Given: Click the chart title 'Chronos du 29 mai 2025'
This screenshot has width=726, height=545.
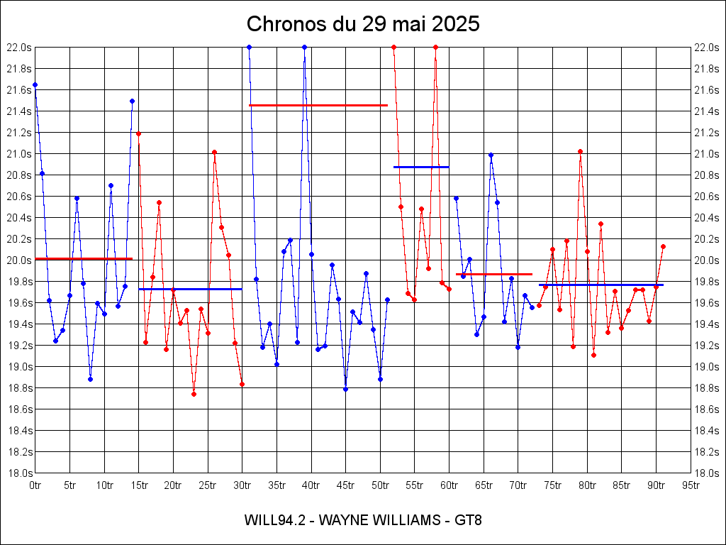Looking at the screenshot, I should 363,24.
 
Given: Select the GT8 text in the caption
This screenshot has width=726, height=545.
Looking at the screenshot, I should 469,520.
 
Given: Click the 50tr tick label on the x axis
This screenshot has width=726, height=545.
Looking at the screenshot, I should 381,485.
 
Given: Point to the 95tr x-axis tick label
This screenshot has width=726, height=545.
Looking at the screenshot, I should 691,485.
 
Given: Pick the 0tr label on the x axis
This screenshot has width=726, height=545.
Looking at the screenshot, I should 35,485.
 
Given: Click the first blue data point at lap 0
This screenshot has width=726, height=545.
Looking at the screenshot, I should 35,84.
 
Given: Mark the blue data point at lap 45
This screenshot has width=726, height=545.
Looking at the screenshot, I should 345,389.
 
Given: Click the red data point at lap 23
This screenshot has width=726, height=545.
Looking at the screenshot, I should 194,394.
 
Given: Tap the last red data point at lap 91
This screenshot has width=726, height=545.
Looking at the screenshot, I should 663,246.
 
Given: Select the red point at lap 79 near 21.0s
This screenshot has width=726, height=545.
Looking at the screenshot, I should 580,151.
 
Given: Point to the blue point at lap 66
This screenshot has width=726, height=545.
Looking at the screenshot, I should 491,155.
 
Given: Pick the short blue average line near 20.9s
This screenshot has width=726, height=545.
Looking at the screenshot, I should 421,167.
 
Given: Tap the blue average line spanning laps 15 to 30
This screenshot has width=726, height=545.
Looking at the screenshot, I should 190,289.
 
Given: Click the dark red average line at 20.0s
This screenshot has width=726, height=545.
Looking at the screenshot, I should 84,258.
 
